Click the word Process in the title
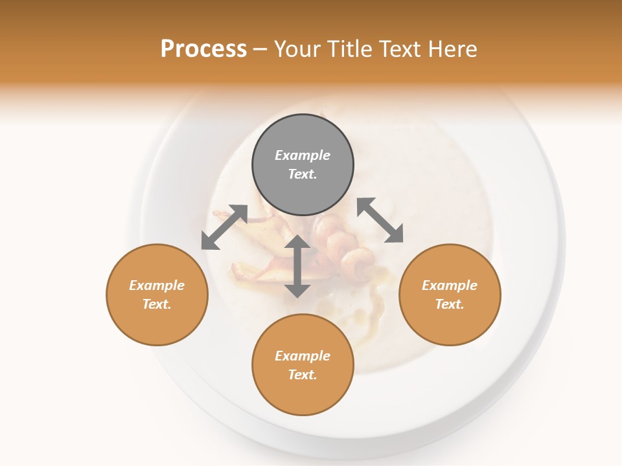click(x=203, y=49)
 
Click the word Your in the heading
click(x=299, y=49)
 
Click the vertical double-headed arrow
click(x=297, y=267)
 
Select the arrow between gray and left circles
click(x=224, y=227)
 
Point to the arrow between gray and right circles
click(x=380, y=220)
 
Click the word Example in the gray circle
click(x=303, y=155)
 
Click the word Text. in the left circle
click(x=157, y=304)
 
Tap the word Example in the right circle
click(x=450, y=285)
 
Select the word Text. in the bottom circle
click(x=303, y=375)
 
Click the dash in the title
click(x=260, y=49)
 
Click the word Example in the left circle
click(x=157, y=285)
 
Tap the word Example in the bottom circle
click(x=303, y=356)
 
